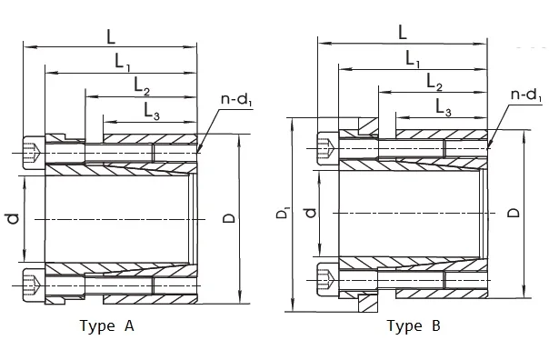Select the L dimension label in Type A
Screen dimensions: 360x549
pos(111,36)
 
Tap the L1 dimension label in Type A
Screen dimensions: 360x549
pos(124,62)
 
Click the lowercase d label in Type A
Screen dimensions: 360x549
pos(12,218)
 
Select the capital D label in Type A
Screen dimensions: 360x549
pos(229,219)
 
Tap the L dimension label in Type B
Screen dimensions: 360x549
pos(403,32)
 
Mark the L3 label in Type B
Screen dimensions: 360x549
pos(444,108)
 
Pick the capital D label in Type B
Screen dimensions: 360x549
pos(514,211)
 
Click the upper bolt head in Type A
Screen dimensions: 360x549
pos(32,150)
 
